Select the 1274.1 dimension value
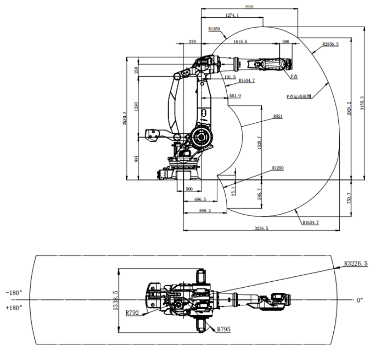coord(232,15)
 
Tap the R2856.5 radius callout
coord(331,45)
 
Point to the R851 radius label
coord(278,117)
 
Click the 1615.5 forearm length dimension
coord(240,42)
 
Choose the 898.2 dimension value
coord(205,211)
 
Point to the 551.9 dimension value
coord(235,96)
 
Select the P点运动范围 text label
coord(299,96)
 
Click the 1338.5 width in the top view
coord(115,300)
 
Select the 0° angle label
coord(360,300)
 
